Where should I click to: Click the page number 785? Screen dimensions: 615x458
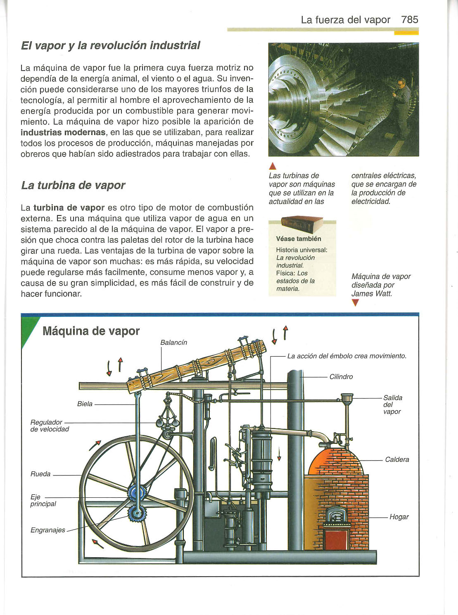(409, 19)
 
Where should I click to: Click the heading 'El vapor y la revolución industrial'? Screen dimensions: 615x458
(110, 45)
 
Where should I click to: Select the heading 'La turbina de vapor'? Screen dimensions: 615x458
(73, 185)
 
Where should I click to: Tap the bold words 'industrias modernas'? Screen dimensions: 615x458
(63, 132)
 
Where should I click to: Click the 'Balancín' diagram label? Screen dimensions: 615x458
(173, 343)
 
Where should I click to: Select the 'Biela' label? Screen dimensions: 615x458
(85, 404)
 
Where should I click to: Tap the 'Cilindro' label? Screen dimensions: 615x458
(341, 376)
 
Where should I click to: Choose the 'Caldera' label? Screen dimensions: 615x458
(397, 459)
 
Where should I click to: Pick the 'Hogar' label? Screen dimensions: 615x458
(399, 517)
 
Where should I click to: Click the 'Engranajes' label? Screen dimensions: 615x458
(47, 530)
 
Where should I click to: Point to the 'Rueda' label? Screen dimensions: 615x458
(40, 474)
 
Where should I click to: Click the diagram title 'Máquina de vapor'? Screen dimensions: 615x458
(91, 331)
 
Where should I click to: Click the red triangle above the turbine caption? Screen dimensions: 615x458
(272, 167)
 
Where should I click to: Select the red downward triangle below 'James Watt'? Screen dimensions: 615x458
(355, 303)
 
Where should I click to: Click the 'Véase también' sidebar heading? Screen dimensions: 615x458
(298, 239)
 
